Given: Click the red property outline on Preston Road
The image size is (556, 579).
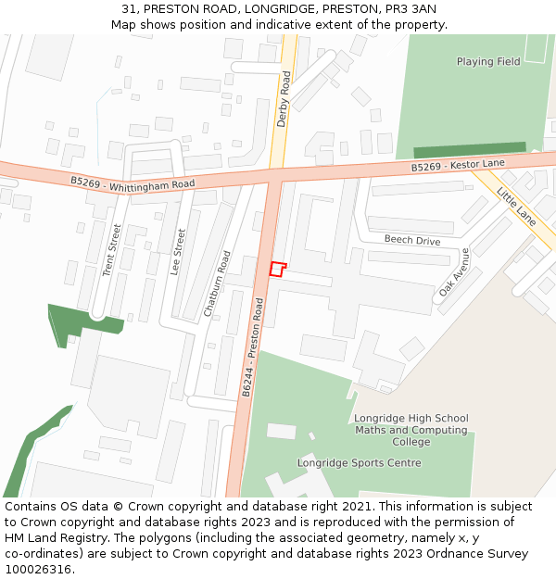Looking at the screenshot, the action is coord(277,269).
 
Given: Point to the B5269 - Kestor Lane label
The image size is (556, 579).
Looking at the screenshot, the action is coord(458,166).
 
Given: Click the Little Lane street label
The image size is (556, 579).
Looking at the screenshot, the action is coord(516,207).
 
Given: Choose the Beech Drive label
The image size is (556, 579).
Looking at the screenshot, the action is coord(412,240).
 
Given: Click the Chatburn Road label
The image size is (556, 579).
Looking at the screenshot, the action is coord(217,284).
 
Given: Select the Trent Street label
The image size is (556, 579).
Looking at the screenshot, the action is coord(111,251).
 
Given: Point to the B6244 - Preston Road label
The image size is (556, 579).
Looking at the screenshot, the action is coord(253,349).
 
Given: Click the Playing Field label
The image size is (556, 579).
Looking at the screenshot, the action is coord(488,62).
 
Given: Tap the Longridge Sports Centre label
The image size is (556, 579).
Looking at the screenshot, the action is coord(359,462).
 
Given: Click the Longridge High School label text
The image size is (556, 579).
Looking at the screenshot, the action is coord(411,419).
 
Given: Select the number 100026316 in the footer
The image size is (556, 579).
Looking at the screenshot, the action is coord(36,569).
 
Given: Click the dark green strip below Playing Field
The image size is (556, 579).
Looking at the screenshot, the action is coord(469,150).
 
